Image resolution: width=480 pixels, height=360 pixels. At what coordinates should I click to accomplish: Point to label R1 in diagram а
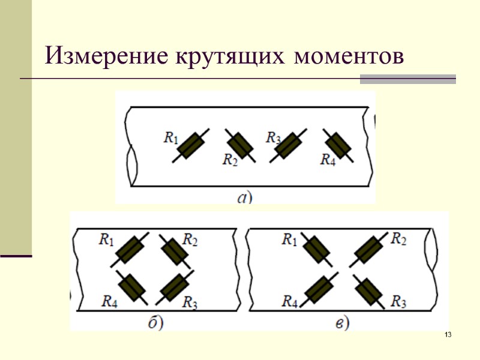click(x=171, y=137)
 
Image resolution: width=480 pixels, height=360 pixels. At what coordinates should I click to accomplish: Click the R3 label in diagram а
click(x=274, y=137)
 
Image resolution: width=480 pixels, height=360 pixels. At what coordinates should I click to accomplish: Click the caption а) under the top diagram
click(x=244, y=197)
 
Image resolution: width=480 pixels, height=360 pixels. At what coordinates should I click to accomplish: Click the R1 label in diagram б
click(x=106, y=241)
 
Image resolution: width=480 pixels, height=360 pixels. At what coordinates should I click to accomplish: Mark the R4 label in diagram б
click(x=109, y=301)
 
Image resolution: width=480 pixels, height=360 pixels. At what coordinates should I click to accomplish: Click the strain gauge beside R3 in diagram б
click(x=175, y=289)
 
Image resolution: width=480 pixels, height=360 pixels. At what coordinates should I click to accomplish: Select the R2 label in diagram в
click(x=399, y=239)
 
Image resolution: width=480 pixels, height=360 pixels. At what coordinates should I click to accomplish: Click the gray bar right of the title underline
click(x=407, y=79)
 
